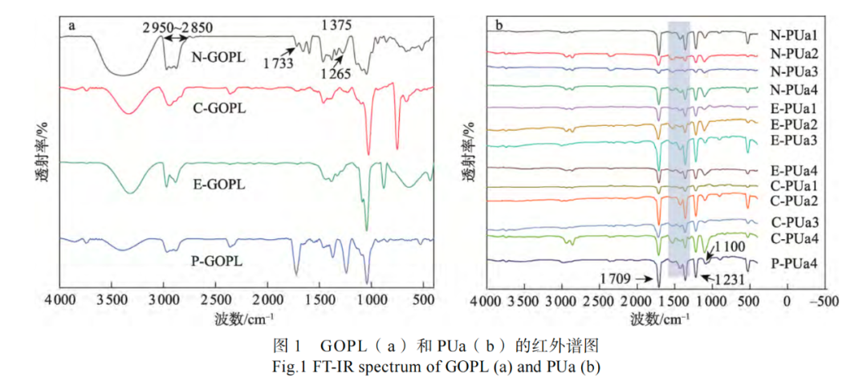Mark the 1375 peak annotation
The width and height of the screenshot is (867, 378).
[x=336, y=26]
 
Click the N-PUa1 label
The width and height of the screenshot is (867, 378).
[x=794, y=35]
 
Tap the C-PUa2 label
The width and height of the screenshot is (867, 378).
[x=794, y=201]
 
